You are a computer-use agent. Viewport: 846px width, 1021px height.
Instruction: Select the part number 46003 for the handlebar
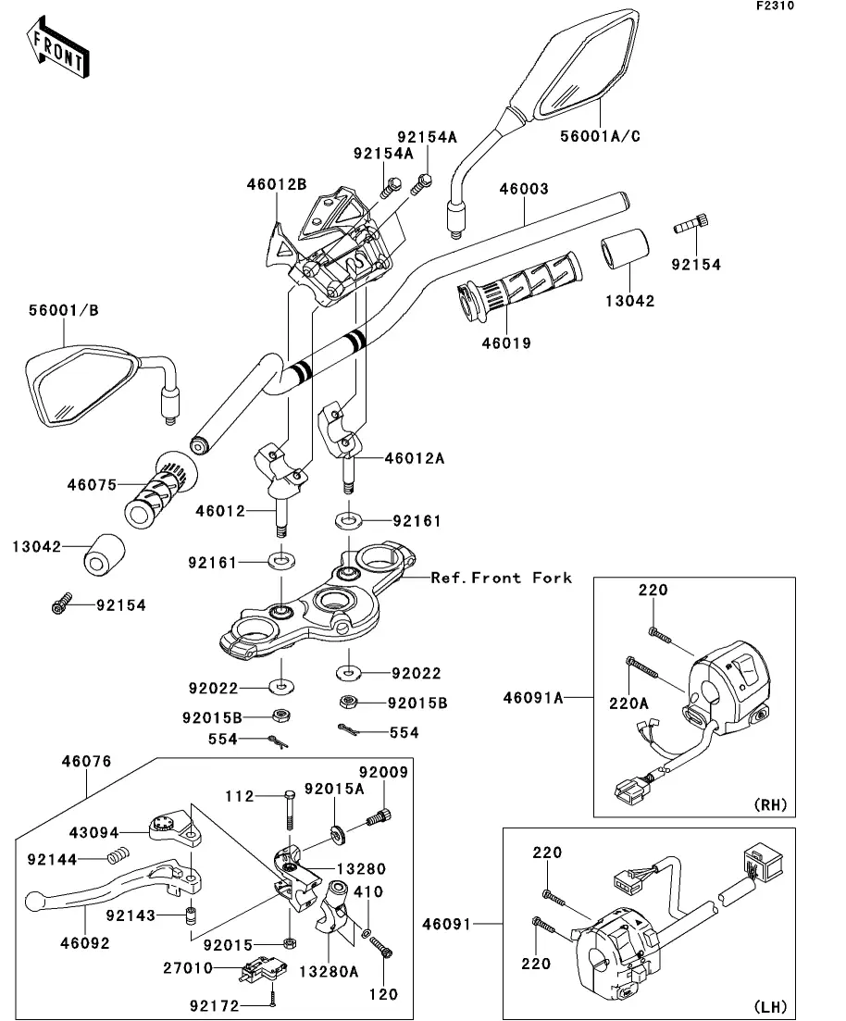click(x=524, y=189)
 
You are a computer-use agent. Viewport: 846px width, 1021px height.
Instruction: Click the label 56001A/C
click(x=600, y=136)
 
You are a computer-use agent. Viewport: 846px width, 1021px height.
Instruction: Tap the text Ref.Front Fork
click(x=502, y=579)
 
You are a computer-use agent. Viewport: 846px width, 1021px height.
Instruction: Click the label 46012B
click(x=276, y=185)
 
